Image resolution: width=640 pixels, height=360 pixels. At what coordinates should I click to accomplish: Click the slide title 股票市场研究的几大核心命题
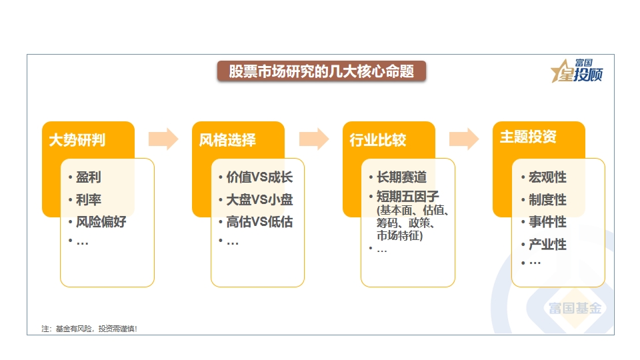tap(321, 71)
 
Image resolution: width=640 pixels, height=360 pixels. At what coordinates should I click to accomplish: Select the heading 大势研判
tap(77, 140)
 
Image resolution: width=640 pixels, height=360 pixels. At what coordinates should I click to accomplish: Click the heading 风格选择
tap(227, 140)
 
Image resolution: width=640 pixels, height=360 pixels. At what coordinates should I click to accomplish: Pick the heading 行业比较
tap(378, 140)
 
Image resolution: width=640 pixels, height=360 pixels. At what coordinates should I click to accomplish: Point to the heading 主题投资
tap(528, 137)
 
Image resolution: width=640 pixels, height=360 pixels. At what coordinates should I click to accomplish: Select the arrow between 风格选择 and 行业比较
tap(314, 139)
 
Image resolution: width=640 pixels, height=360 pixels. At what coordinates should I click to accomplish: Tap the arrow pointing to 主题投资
tap(464, 139)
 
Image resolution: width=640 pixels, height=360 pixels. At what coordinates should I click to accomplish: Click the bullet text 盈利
tap(88, 177)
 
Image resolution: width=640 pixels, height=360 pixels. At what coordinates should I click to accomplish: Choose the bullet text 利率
tap(88, 199)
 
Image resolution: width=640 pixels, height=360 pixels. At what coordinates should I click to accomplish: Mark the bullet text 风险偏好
tap(101, 221)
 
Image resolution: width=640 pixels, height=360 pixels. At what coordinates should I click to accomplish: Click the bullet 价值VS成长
tap(259, 177)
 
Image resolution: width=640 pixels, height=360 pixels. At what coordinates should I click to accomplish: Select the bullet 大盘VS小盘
tap(259, 199)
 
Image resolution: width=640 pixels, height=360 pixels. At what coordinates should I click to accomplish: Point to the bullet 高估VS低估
tap(259, 221)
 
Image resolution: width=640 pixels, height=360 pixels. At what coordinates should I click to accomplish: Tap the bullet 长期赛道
tap(401, 177)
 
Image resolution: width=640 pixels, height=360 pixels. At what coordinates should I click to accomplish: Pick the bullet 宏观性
tap(547, 177)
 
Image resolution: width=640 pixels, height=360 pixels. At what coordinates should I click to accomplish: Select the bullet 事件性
tap(547, 221)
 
